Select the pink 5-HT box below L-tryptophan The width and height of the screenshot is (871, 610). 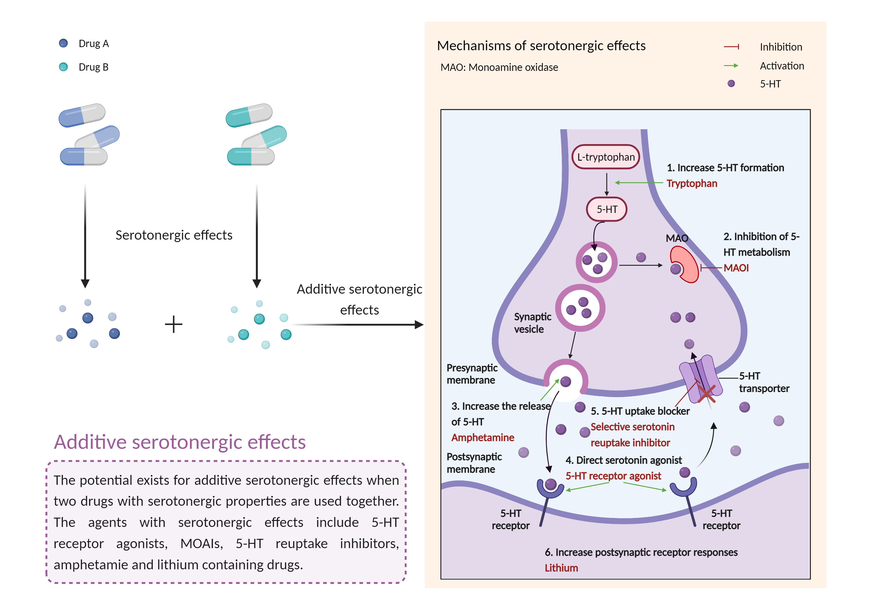(x=607, y=209)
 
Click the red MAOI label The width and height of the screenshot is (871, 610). (x=736, y=268)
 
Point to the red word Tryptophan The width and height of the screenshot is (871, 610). (x=692, y=183)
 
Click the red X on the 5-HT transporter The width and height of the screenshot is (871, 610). (x=706, y=394)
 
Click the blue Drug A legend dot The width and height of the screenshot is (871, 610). (x=63, y=43)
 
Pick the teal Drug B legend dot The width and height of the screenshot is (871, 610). (x=63, y=67)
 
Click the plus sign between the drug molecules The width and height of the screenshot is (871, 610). (x=174, y=324)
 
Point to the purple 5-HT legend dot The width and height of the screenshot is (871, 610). (x=731, y=83)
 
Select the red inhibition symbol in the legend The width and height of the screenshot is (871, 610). (x=731, y=47)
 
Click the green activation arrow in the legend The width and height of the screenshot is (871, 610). (x=731, y=66)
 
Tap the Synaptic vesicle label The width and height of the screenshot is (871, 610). (x=532, y=323)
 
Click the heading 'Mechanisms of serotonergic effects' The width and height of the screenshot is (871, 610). (x=541, y=46)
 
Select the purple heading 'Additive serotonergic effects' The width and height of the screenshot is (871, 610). (x=180, y=442)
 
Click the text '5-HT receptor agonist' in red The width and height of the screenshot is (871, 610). (x=613, y=476)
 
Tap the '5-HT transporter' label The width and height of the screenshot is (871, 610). (x=763, y=382)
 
